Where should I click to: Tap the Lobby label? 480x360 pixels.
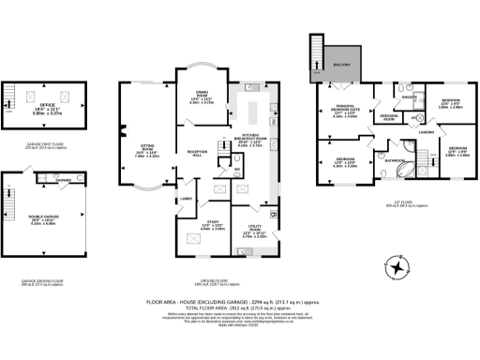(185, 199)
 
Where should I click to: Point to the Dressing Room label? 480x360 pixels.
(390, 118)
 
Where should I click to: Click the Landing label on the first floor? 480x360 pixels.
(426, 132)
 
